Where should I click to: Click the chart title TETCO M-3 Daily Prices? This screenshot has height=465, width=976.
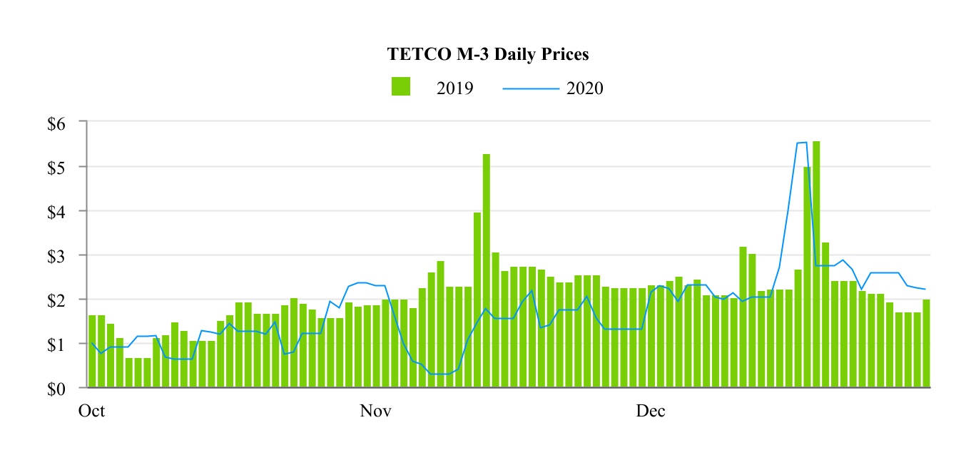488,54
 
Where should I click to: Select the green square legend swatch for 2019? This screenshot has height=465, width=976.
401,86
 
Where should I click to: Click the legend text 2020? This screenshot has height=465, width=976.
585,88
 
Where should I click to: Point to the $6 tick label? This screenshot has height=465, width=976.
56,123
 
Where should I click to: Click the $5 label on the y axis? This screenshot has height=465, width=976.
56,167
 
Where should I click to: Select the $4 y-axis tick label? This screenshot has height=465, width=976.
56,211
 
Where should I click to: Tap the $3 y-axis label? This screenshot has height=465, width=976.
56,255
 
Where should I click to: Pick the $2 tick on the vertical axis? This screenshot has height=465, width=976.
56,300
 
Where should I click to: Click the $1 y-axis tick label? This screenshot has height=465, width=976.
56,344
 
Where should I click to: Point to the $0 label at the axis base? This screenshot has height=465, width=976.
56,388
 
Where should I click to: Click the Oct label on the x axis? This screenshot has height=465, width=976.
92,412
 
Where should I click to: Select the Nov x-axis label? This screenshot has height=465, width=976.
375,412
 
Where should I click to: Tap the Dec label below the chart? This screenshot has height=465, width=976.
651,412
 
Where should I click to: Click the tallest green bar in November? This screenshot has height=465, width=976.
487,271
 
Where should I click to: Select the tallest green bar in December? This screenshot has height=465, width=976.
816,264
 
